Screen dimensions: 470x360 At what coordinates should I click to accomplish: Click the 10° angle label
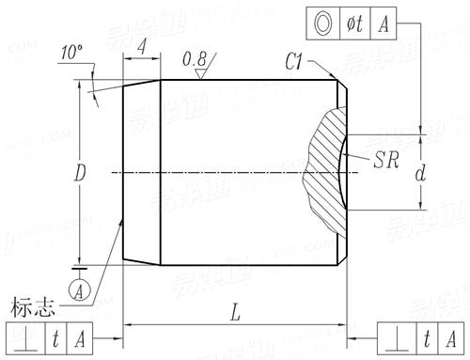[71, 53]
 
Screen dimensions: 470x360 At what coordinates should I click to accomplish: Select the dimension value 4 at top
[142, 47]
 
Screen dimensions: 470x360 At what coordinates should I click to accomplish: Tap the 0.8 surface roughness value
[195, 59]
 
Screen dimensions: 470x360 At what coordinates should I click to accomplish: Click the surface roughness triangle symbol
[200, 74]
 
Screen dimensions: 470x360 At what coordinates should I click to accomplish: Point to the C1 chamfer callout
[293, 62]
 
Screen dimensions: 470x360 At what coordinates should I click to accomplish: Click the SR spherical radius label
[386, 160]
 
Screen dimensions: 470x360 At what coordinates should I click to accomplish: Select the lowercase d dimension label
[420, 173]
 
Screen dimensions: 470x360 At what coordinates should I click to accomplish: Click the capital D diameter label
[80, 173]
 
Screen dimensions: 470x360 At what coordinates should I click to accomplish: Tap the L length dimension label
[235, 313]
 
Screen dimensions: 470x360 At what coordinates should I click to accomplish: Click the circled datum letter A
[80, 290]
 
